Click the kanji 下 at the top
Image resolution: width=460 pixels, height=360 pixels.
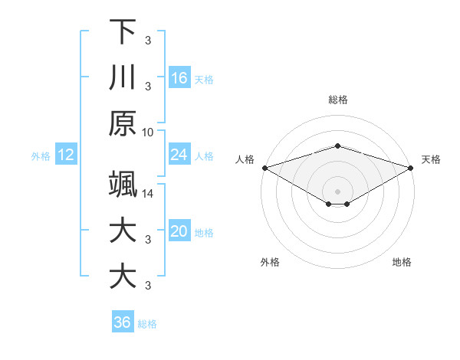pyautogui.click(x=123, y=32)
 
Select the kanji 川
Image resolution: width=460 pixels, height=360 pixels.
pyautogui.click(x=123, y=78)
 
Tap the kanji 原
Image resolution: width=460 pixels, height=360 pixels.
pyautogui.click(x=123, y=123)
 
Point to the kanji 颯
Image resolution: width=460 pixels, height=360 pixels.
pyautogui.click(x=123, y=185)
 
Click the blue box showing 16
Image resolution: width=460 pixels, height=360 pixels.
pyautogui.click(x=179, y=78)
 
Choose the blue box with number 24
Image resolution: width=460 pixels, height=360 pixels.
pyautogui.click(x=179, y=155)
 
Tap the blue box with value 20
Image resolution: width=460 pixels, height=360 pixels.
pyautogui.click(x=179, y=232)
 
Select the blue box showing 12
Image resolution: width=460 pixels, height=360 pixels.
pyautogui.click(x=66, y=155)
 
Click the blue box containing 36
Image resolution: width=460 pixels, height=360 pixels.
pyautogui.click(x=123, y=322)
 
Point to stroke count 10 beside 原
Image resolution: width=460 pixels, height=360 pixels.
pyautogui.click(x=148, y=132)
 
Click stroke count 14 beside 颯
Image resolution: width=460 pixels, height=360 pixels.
pyautogui.click(x=148, y=193)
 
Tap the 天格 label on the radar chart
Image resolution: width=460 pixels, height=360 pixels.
pyautogui.click(x=431, y=159)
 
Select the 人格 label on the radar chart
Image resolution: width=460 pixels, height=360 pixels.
pyautogui.click(x=245, y=159)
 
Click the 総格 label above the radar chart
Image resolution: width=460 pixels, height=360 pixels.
pyautogui.click(x=337, y=100)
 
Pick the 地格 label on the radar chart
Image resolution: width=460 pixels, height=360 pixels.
pyautogui.click(x=402, y=262)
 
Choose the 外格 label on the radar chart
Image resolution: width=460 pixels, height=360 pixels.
pyautogui.click(x=270, y=262)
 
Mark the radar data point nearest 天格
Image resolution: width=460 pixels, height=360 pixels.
pyautogui.click(x=411, y=168)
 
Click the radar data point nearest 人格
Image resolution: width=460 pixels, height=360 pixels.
pyautogui.click(x=264, y=168)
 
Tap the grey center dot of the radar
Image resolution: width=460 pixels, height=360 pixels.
pyautogui.click(x=337, y=191)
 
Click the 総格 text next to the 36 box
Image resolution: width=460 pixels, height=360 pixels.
pyautogui.click(x=147, y=324)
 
